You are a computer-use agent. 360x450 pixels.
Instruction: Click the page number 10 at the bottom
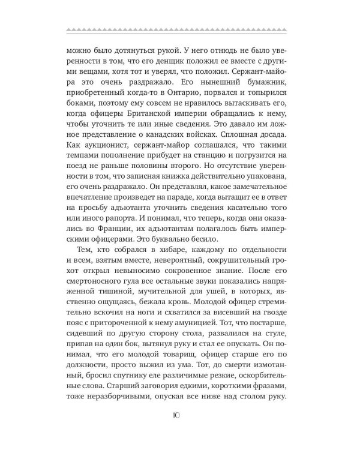pos(180,416)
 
